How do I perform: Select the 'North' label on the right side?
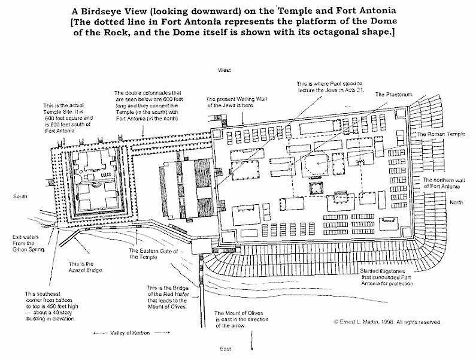[x=457, y=203]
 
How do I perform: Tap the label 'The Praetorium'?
[x=390, y=95]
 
